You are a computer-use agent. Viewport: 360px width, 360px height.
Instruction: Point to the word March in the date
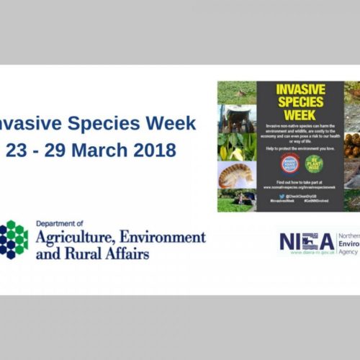click(x=103, y=150)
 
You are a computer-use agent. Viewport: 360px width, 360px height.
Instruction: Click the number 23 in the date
click(x=18, y=150)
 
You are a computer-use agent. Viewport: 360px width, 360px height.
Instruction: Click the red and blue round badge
click(x=289, y=163)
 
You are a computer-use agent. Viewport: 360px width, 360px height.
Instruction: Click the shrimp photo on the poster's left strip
click(x=237, y=175)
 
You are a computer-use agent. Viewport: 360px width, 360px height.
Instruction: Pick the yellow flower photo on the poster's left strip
click(x=237, y=147)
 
